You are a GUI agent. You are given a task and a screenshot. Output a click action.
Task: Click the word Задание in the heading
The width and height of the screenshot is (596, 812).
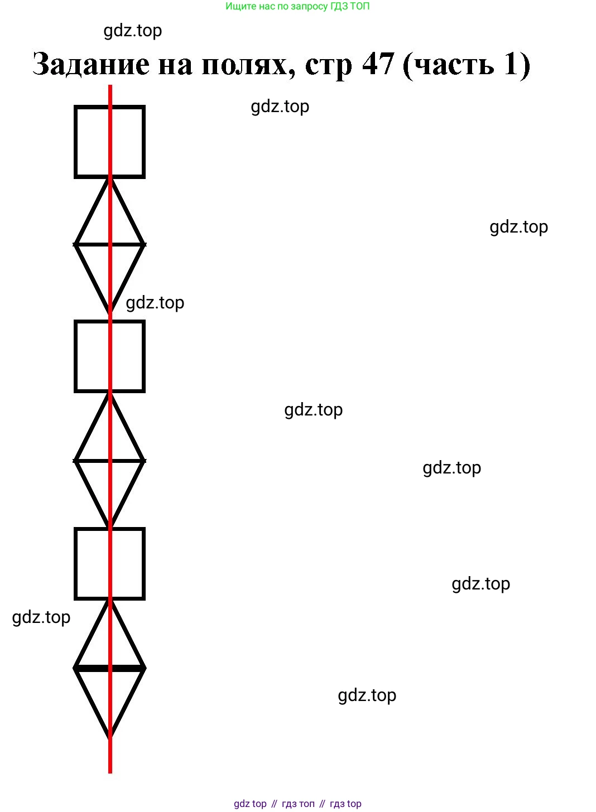click(x=91, y=65)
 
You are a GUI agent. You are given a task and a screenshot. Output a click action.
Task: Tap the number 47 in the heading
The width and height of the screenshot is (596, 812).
click(x=378, y=64)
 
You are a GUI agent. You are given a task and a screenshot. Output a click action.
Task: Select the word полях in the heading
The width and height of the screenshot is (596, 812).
click(x=247, y=65)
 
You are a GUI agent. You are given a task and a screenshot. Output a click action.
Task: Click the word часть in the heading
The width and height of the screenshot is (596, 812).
click(x=453, y=65)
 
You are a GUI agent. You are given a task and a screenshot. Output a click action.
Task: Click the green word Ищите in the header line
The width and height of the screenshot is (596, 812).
click(x=237, y=7)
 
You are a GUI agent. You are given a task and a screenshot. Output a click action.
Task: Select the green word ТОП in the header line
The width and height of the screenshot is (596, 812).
click(x=359, y=7)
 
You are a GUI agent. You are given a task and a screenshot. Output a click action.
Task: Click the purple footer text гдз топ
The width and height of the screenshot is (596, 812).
click(x=298, y=804)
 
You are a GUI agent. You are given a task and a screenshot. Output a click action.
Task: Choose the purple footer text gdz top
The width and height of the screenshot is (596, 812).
click(x=250, y=804)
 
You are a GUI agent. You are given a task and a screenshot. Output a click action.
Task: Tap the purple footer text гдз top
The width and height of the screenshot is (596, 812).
click(x=345, y=804)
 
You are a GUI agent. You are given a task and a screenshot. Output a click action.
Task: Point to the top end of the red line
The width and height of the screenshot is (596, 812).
click(x=110, y=87)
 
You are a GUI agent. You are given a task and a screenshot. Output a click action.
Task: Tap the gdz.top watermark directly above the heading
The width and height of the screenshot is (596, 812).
click(x=133, y=31)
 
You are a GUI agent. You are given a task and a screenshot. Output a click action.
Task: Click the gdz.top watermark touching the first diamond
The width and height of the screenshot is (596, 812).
click(x=155, y=303)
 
